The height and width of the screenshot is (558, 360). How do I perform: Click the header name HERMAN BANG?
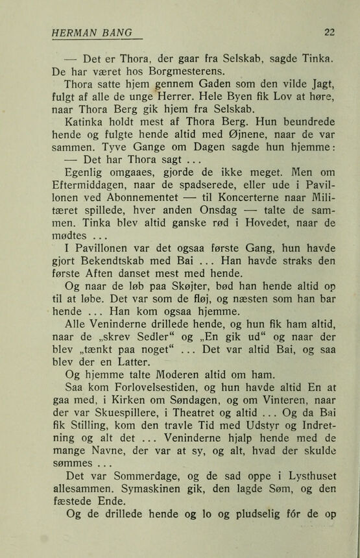point(92,32)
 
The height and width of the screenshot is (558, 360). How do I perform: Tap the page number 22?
point(329,32)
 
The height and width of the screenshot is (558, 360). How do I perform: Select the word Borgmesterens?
point(186,71)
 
